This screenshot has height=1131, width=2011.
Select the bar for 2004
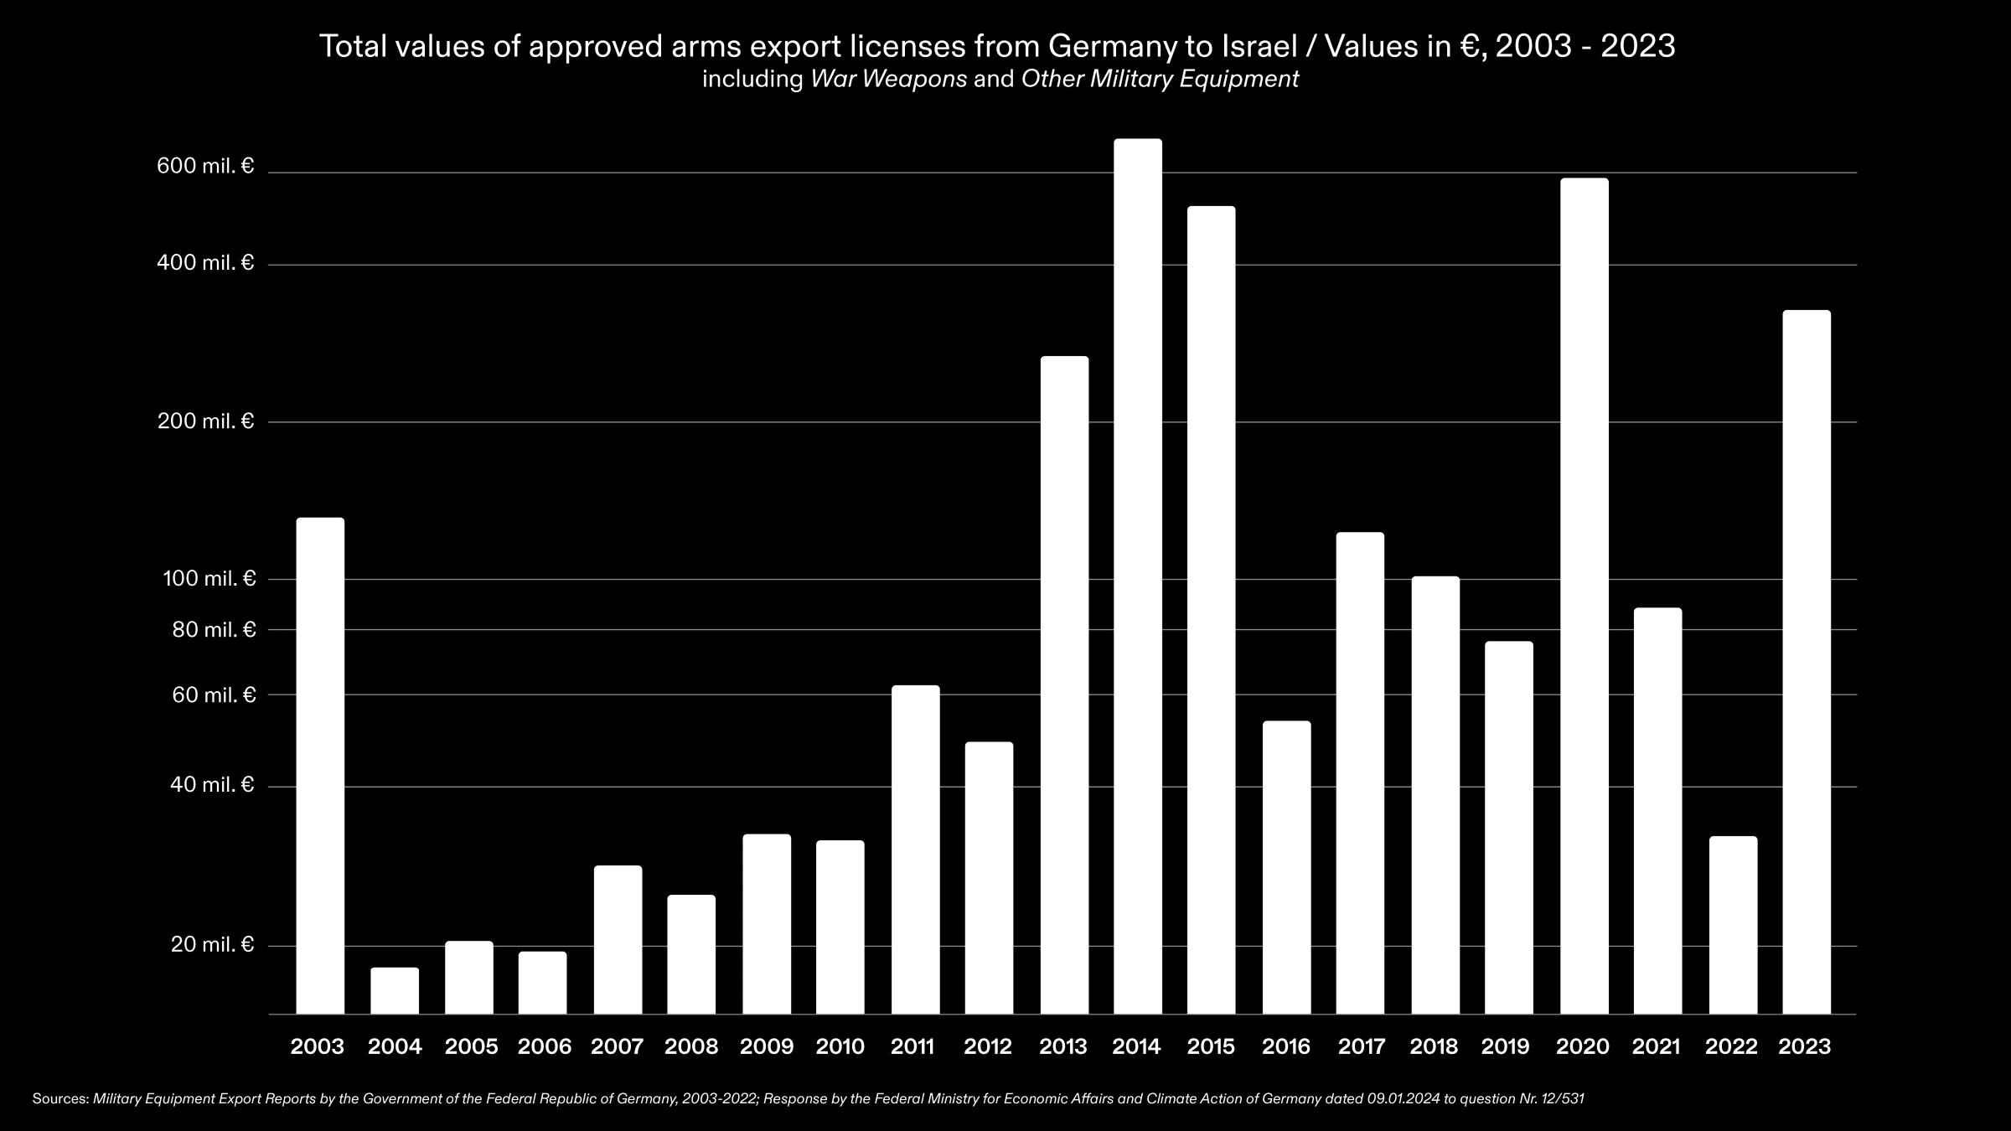point(395,990)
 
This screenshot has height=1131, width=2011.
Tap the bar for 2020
point(1584,596)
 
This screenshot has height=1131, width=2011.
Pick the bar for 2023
point(1807,662)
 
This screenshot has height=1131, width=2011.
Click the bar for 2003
point(320,766)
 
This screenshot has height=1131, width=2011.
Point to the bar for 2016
point(1286,867)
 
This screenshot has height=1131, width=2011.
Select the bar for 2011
point(915,850)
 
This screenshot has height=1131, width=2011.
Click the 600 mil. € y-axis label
point(205,166)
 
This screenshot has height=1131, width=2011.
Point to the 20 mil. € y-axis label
point(212,944)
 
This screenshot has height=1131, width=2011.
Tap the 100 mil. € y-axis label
point(209,578)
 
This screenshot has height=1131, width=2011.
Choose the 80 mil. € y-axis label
point(214,629)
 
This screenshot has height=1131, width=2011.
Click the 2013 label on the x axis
point(1062,1046)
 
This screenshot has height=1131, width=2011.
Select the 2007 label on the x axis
point(617,1046)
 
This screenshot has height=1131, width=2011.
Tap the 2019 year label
point(1505,1046)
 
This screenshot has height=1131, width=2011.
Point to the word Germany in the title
point(1112,46)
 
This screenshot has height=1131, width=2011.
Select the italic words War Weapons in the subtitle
point(888,80)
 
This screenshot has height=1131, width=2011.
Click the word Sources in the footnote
point(59,1098)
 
